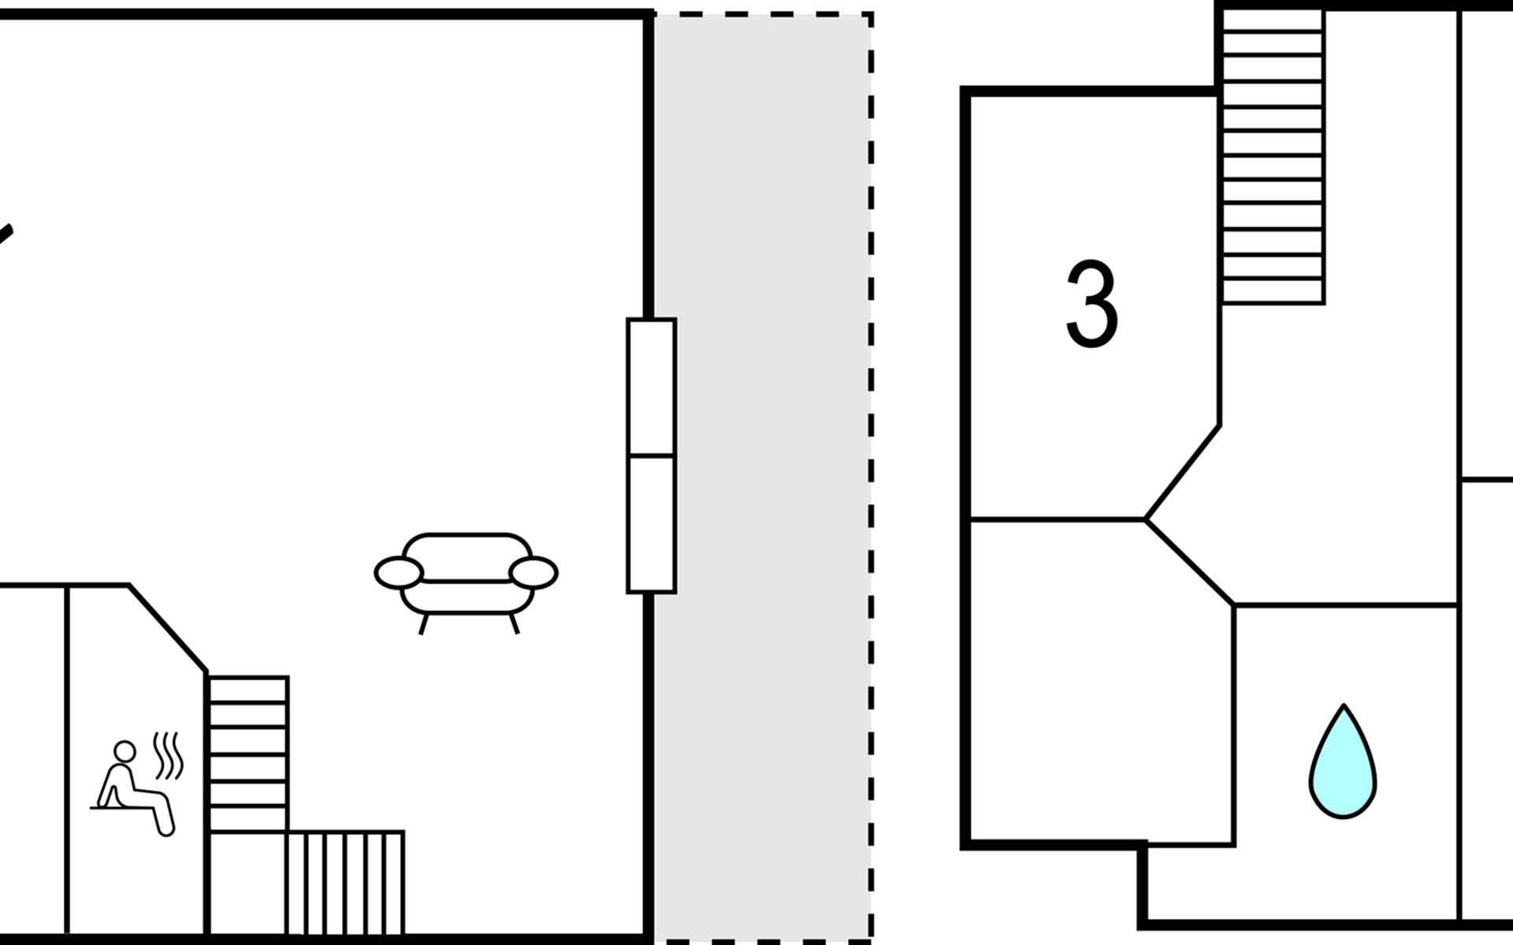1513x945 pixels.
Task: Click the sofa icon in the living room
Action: tap(467, 575)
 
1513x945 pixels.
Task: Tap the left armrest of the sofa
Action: tap(399, 573)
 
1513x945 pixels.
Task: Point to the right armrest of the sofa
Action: tap(533, 573)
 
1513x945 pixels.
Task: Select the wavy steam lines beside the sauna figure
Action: tap(169, 755)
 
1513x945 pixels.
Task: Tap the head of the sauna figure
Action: tap(125, 750)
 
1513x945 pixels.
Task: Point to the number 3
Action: tap(1091, 305)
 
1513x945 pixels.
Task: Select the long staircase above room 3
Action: tap(1273, 157)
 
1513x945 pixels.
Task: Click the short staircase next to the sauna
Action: tap(247, 754)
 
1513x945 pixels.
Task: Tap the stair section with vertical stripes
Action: tap(345, 882)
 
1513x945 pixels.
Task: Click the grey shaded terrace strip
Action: tap(761, 472)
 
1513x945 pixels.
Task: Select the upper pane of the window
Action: tap(651, 387)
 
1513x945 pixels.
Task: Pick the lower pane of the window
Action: tap(651, 524)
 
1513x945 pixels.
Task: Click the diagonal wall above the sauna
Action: tap(168, 628)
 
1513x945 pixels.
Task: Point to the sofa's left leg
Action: tap(423, 624)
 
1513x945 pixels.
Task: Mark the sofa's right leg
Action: tap(515, 624)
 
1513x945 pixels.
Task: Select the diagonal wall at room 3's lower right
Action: tap(1182, 472)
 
